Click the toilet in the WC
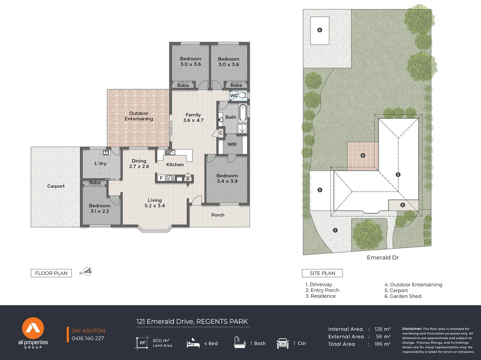(243, 95)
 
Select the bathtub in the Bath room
(243, 113)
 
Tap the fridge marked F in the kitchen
(161, 178)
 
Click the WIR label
(232, 144)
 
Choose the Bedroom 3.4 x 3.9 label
(227, 178)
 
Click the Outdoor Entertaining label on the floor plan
(139, 116)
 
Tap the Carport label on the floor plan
(56, 186)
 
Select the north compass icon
(87, 272)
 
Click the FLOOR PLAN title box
(51, 273)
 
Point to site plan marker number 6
(320, 30)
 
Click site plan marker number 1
(335, 230)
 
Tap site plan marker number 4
(363, 155)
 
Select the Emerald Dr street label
(383, 258)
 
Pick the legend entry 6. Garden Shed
(403, 296)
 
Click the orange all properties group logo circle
(33, 328)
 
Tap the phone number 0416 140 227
(88, 338)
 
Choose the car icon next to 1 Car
(283, 343)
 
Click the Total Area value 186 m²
(382, 344)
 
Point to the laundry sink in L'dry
(106, 152)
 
